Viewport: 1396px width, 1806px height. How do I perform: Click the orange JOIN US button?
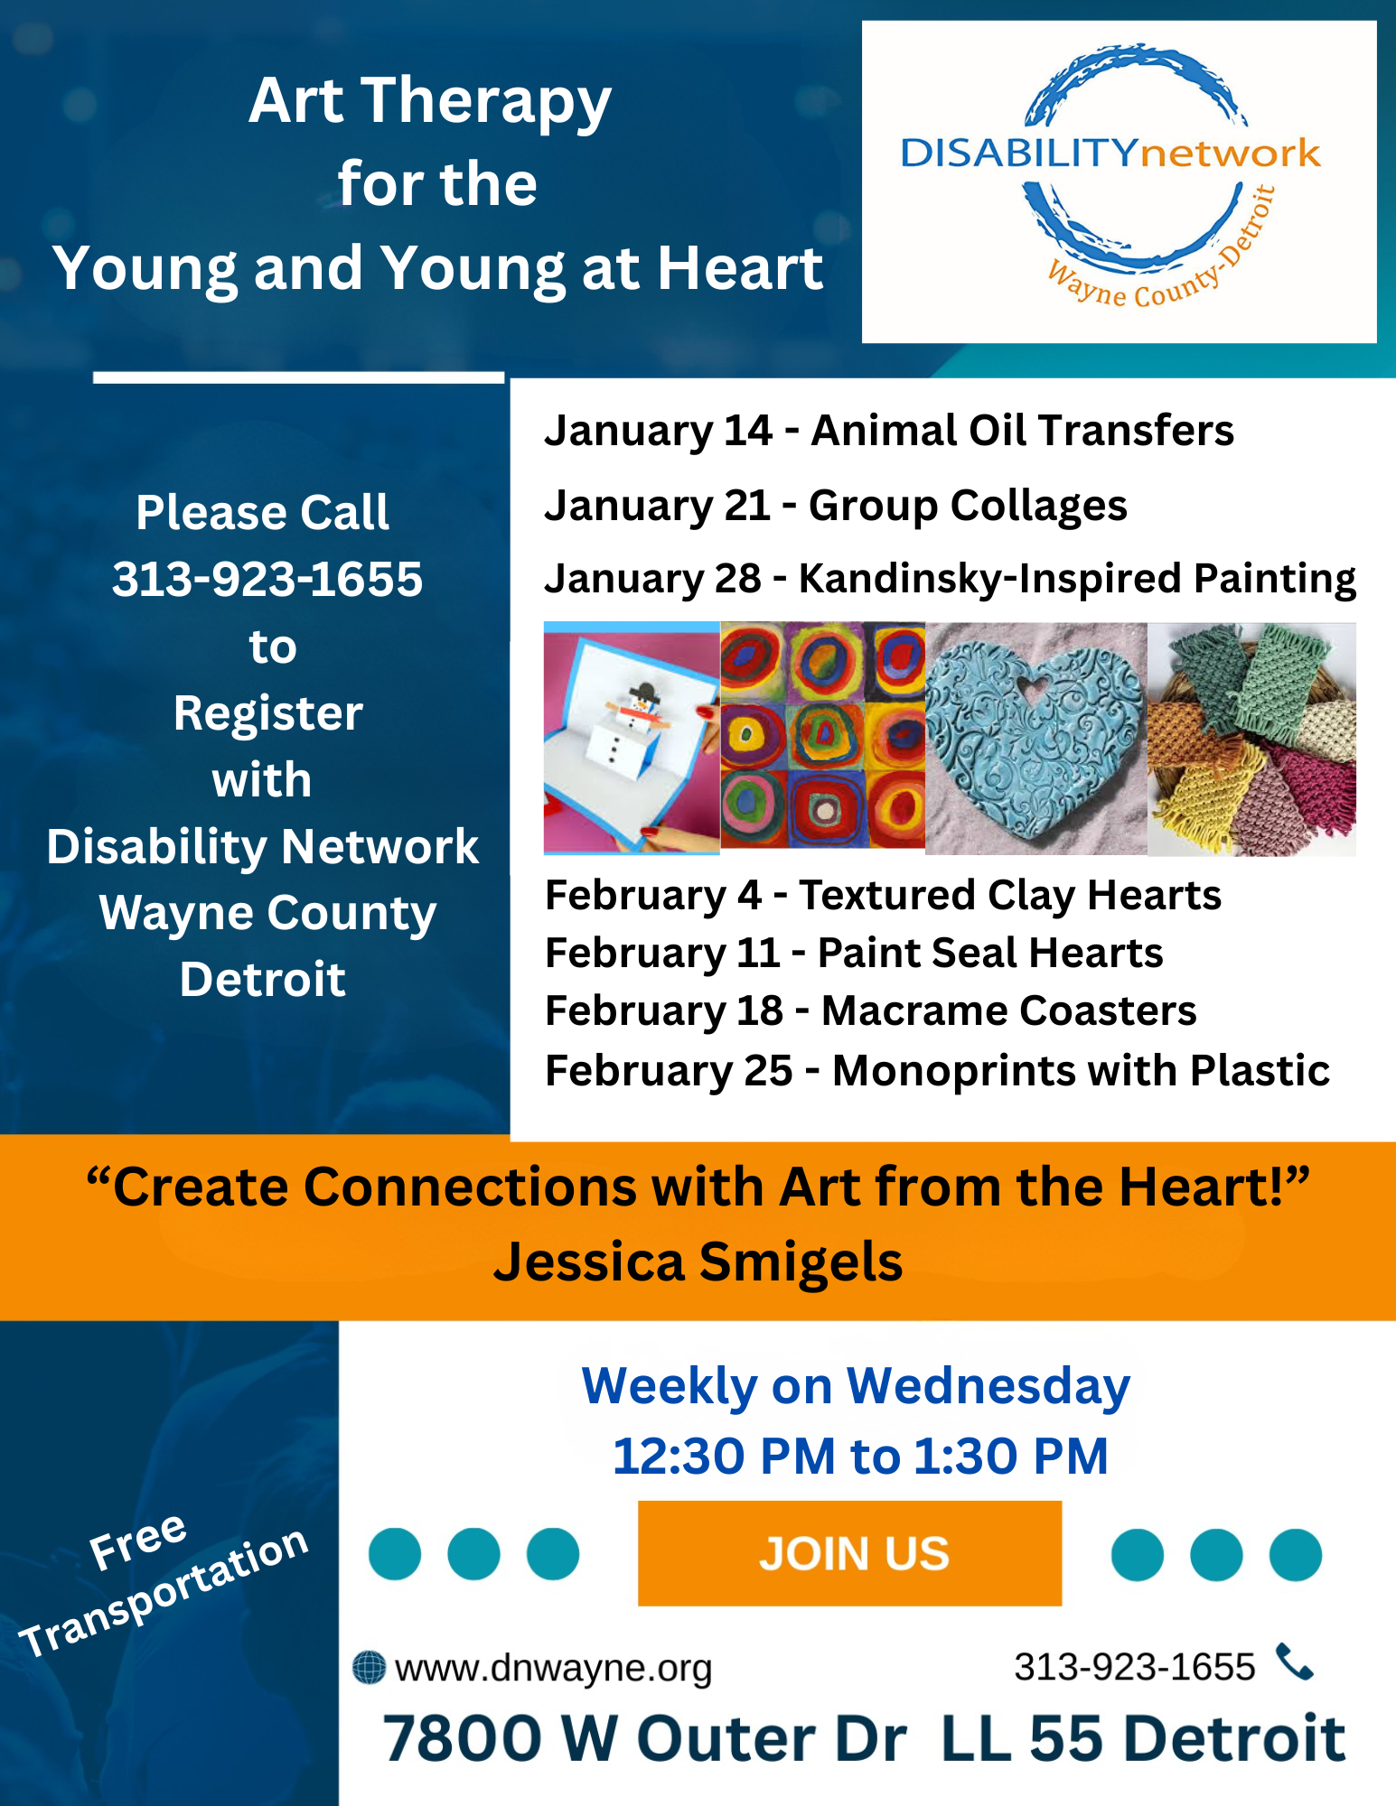(849, 1553)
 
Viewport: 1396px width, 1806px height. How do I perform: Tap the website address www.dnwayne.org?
(553, 1668)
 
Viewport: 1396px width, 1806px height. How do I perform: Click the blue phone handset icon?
(1294, 1662)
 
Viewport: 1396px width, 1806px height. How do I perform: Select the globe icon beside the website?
(369, 1667)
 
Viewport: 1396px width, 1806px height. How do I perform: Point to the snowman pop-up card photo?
(631, 738)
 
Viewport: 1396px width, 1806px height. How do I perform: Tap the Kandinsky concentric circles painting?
(822, 735)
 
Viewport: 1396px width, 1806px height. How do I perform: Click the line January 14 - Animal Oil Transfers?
(888, 430)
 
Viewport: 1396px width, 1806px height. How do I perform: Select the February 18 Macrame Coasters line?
(870, 1010)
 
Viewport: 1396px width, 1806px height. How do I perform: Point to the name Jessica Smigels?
(698, 1261)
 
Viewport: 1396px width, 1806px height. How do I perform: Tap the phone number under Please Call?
(267, 579)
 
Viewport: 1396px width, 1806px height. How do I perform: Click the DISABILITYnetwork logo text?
(1110, 153)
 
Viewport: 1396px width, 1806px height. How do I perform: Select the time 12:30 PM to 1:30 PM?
(859, 1456)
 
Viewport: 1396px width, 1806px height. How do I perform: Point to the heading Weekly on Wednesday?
(856, 1386)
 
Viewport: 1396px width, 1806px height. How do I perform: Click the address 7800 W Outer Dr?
(644, 1738)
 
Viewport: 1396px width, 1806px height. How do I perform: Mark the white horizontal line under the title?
(298, 377)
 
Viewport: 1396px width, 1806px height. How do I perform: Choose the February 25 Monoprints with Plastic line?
(937, 1070)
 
